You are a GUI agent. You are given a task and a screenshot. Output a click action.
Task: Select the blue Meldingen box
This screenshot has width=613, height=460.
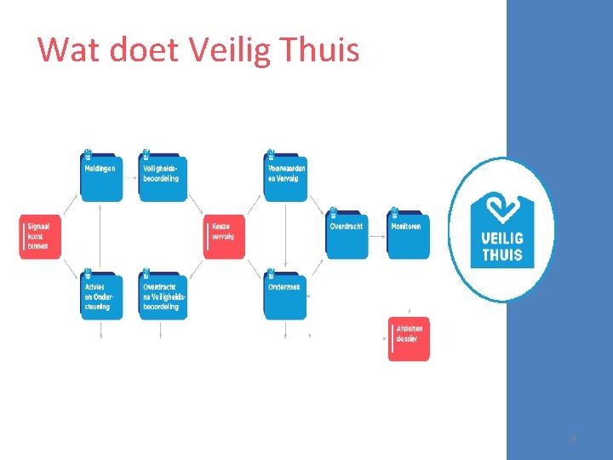pyautogui.click(x=101, y=178)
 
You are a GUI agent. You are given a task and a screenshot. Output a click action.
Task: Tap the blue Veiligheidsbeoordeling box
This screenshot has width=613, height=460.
pyautogui.click(x=162, y=178)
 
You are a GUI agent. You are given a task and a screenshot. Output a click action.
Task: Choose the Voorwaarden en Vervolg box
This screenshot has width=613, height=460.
pyautogui.click(x=285, y=178)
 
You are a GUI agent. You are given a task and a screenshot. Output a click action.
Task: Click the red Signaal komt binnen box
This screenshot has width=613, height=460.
pyautogui.click(x=40, y=236)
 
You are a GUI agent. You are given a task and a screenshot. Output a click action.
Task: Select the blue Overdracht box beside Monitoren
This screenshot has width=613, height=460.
pyautogui.click(x=347, y=236)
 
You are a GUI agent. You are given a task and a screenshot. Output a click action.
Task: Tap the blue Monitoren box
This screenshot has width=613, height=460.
pyautogui.click(x=409, y=236)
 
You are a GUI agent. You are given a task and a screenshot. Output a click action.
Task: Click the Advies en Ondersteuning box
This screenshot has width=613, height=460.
pyautogui.click(x=101, y=296)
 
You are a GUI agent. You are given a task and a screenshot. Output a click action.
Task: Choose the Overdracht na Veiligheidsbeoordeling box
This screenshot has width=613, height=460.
pyautogui.click(x=162, y=296)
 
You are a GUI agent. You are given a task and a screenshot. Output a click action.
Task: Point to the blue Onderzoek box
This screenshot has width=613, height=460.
pyautogui.click(x=285, y=296)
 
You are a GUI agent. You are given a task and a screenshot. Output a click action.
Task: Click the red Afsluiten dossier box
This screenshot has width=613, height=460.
pyautogui.click(x=409, y=339)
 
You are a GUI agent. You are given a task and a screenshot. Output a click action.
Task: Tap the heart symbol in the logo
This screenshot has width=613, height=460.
pyautogui.click(x=502, y=209)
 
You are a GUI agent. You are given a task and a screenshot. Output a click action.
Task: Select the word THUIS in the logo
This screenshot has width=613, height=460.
pyautogui.click(x=502, y=254)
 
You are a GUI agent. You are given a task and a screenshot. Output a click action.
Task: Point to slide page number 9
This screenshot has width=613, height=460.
pyautogui.click(x=573, y=439)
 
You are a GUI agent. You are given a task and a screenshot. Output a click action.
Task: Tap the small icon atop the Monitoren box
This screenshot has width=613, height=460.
pyautogui.click(x=394, y=212)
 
